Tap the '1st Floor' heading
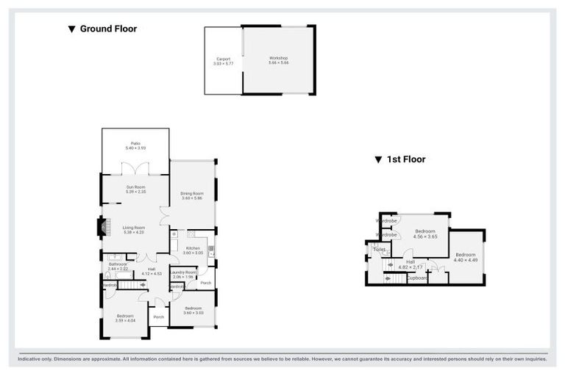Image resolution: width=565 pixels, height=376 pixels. point(400,159)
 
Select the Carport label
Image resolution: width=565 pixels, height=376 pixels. point(223,61)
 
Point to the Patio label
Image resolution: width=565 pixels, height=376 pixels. point(135,145)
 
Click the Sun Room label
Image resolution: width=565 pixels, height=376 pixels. point(135,189)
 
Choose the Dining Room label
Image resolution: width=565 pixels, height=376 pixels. point(192,196)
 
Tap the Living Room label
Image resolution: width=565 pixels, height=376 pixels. point(134,230)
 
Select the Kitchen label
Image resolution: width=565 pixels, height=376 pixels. point(192,250)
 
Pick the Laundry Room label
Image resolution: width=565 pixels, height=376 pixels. point(183,274)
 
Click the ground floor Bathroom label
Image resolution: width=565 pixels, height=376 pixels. point(118,266)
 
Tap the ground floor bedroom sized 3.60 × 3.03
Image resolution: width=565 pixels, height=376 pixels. point(193,310)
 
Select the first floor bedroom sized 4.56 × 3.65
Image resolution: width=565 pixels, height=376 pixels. point(425,234)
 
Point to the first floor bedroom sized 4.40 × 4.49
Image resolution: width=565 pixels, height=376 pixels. point(466,257)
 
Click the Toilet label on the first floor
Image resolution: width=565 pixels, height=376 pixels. point(380,250)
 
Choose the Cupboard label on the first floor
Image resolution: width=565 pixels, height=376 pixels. point(418,278)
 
